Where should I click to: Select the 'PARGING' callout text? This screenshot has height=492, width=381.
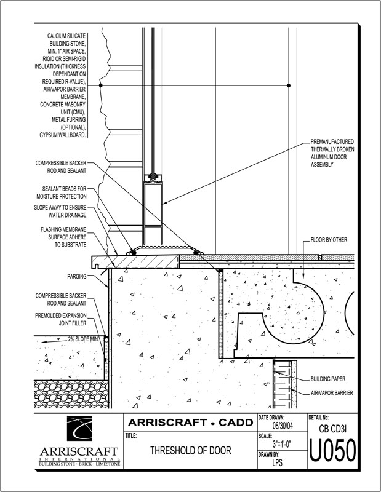coord(77,276)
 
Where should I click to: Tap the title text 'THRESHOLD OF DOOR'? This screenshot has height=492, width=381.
coord(190,451)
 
